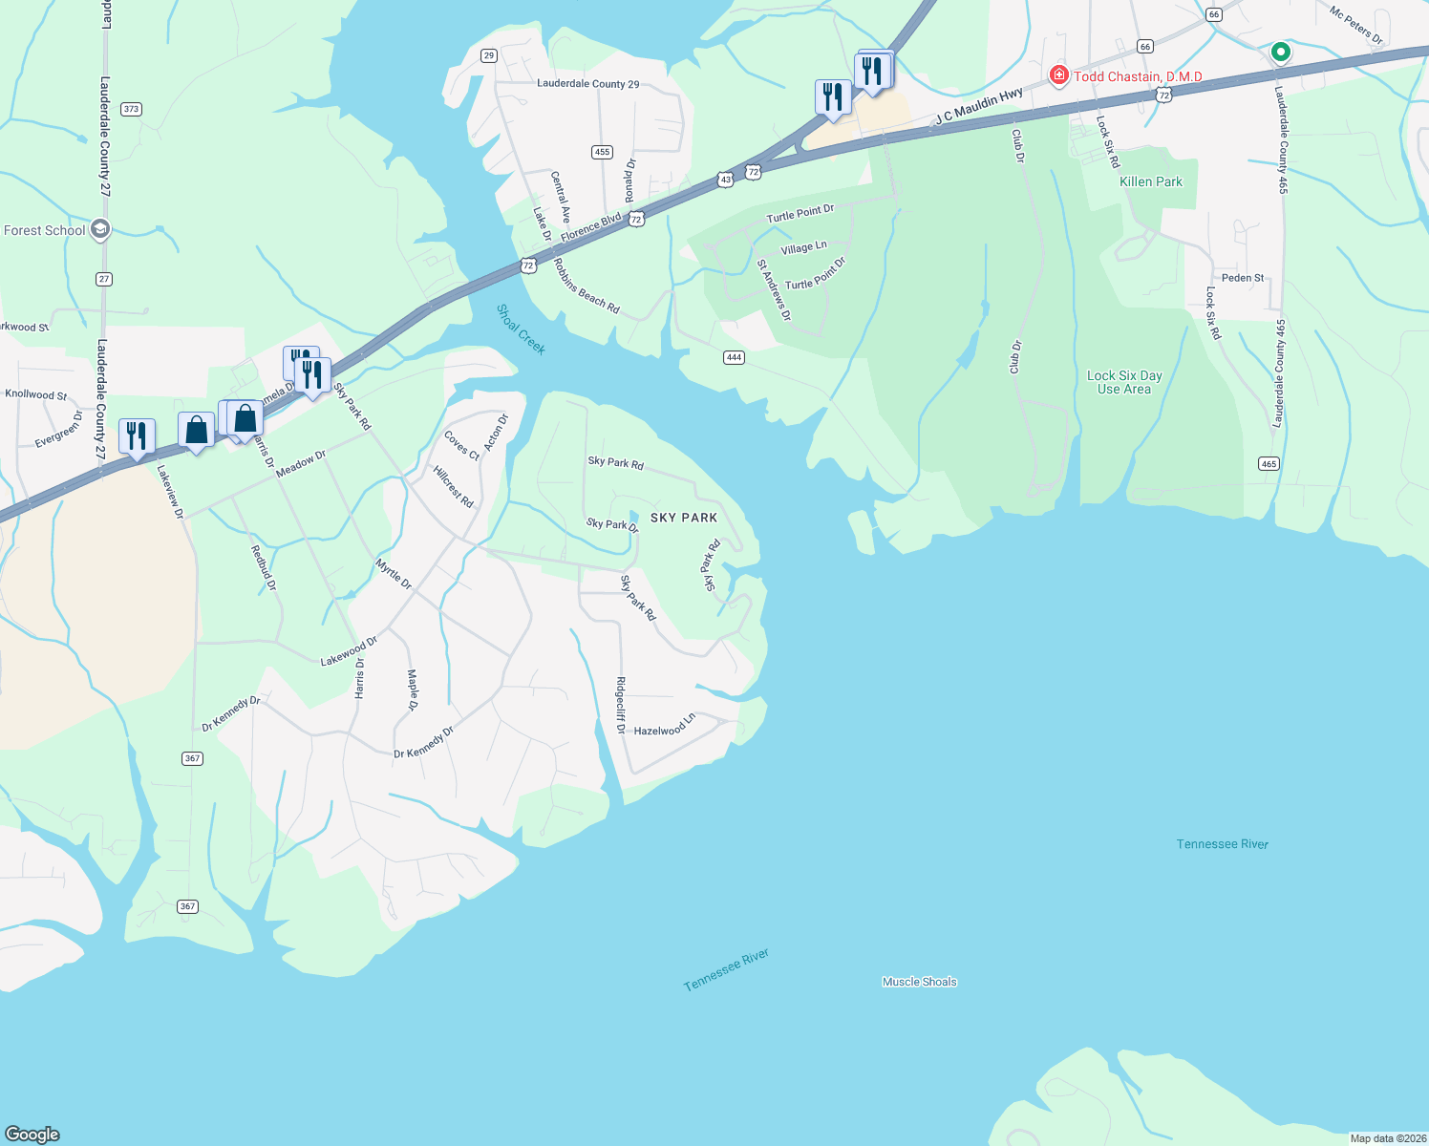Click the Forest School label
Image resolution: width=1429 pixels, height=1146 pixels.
click(45, 230)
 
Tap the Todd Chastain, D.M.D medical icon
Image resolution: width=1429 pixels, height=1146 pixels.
click(1058, 75)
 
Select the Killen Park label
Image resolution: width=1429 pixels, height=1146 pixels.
click(1150, 181)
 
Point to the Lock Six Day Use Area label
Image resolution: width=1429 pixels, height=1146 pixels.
click(1124, 382)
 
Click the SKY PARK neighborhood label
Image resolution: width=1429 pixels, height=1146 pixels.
click(683, 518)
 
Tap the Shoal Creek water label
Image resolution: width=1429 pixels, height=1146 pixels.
click(521, 329)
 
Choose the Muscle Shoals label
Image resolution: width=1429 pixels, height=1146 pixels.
click(919, 982)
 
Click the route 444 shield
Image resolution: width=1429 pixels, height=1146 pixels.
click(734, 357)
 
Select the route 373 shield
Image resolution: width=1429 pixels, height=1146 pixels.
click(131, 109)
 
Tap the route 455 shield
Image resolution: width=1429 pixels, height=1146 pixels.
click(602, 152)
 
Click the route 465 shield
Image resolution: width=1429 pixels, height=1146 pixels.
click(1269, 464)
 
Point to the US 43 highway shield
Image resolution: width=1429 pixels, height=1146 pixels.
click(726, 180)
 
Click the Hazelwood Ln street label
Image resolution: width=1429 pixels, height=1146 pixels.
click(665, 726)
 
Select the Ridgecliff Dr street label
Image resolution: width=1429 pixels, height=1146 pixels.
click(621, 705)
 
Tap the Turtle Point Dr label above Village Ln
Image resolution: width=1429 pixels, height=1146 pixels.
click(800, 213)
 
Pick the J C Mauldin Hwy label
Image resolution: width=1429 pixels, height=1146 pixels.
click(979, 106)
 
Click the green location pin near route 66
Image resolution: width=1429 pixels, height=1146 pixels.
click(1281, 53)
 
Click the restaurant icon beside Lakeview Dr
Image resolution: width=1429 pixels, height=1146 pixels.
click(136, 435)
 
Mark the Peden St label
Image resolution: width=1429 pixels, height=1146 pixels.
click(1243, 278)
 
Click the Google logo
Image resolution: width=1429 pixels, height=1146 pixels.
click(32, 1134)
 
